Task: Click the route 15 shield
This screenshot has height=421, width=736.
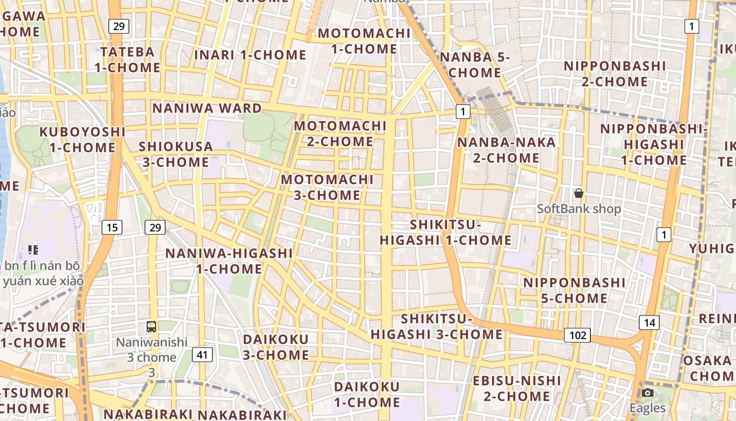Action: pyautogui.click(x=111, y=227)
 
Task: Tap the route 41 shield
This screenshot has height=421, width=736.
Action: pyautogui.click(x=202, y=355)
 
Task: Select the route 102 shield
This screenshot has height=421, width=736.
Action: pyautogui.click(x=577, y=335)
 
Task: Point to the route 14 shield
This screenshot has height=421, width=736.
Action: pyautogui.click(x=649, y=323)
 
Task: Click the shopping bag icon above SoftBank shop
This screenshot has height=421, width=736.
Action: pyautogui.click(x=579, y=194)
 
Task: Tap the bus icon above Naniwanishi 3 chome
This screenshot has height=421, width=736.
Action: pyautogui.click(x=151, y=327)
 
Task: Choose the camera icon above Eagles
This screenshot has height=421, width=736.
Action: pyautogui.click(x=648, y=393)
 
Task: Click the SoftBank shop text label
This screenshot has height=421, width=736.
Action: pyautogui.click(x=579, y=209)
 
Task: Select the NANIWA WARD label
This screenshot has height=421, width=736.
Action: pyautogui.click(x=207, y=108)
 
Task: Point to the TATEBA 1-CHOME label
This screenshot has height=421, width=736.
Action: pyautogui.click(x=128, y=59)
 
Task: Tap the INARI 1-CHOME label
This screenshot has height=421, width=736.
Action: pyautogui.click(x=250, y=55)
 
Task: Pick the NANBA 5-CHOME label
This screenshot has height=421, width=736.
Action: pyautogui.click(x=475, y=65)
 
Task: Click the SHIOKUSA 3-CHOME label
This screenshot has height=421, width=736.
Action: pyautogui.click(x=176, y=154)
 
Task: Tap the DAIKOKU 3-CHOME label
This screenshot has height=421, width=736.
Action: pyautogui.click(x=275, y=347)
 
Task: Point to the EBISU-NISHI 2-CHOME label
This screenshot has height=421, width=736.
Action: pyautogui.click(x=517, y=388)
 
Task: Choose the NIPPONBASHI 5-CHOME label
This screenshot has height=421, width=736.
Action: pyautogui.click(x=574, y=290)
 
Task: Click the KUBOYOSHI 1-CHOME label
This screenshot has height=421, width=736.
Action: pyautogui.click(x=83, y=139)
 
